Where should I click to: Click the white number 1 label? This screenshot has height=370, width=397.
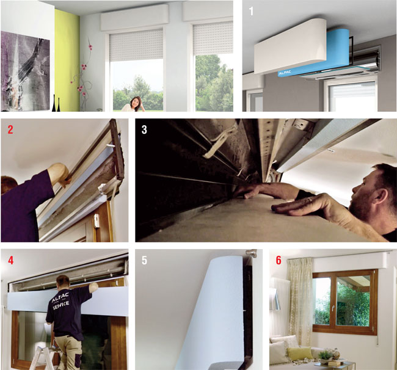(x=251, y=11)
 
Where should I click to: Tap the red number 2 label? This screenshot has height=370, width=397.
(x=10, y=129)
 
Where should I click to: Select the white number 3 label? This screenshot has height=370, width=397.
(x=144, y=129)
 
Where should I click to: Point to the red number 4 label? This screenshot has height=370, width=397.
(x=10, y=260)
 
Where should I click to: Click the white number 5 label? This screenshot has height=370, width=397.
(x=144, y=260)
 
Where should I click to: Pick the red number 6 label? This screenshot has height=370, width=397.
(x=279, y=260)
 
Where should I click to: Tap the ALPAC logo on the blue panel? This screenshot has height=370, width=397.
(x=285, y=73)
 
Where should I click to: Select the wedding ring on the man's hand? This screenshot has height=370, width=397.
(x=310, y=200)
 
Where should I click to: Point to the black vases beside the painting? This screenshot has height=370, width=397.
(x=56, y=104)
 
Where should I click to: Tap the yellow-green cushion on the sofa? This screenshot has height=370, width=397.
(x=300, y=353)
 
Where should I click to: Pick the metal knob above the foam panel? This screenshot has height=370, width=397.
(x=251, y=253)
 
